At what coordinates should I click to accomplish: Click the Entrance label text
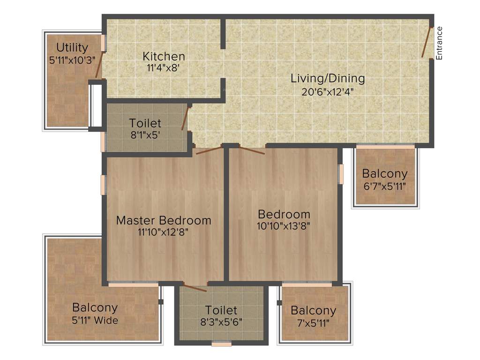(439, 43)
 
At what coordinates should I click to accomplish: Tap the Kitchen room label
(164, 56)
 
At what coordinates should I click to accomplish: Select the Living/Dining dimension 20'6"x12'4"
(328, 91)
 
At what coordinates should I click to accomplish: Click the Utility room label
(72, 47)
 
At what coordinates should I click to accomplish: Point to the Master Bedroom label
(164, 220)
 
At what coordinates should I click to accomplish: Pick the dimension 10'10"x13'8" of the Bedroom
(284, 225)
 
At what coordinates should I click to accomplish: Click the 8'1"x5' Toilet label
(145, 123)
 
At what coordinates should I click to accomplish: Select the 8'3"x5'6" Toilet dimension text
(221, 322)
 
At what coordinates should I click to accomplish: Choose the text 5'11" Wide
(95, 321)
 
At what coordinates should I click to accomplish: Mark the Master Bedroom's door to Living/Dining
(209, 150)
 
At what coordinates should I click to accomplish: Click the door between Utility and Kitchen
(99, 65)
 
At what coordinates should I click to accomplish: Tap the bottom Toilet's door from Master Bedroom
(195, 288)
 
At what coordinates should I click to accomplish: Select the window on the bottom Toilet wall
(221, 344)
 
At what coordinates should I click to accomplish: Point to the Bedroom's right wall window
(341, 174)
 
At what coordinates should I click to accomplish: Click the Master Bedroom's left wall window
(103, 184)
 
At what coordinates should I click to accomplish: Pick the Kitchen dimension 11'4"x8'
(164, 67)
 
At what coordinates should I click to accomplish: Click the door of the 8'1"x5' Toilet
(185, 119)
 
